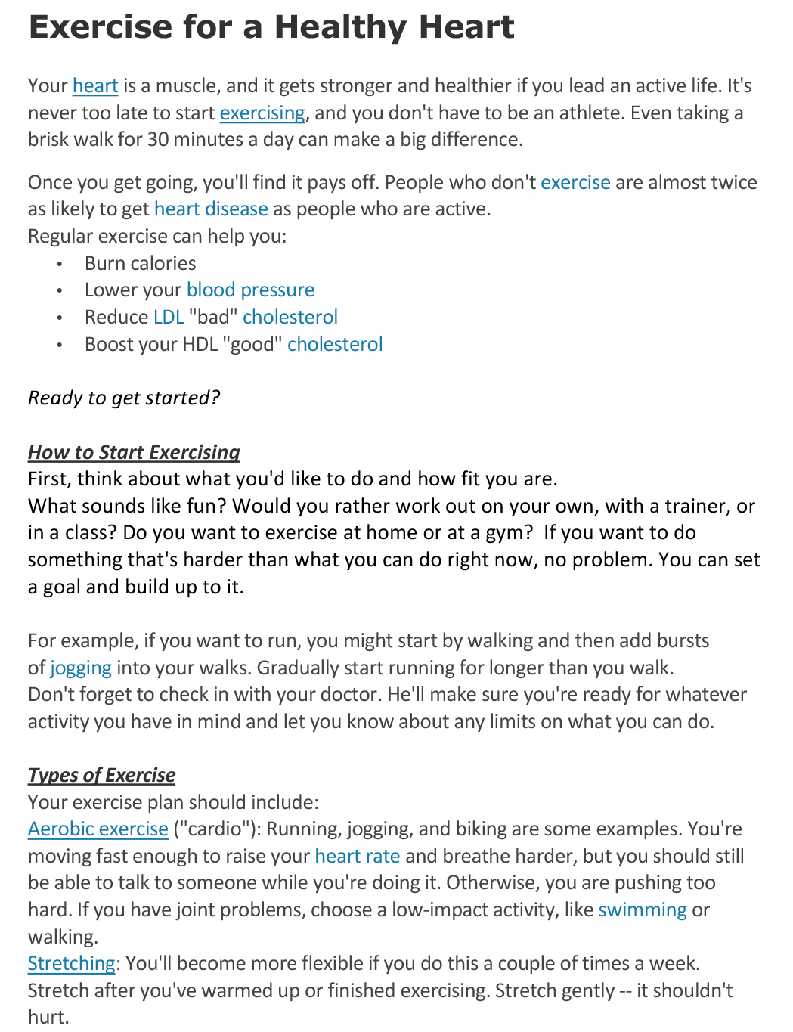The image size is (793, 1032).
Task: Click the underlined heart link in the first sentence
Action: pyautogui.click(x=95, y=86)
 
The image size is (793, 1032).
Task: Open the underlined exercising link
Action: pyautogui.click(x=262, y=113)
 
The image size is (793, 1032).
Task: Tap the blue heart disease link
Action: pyautogui.click(x=211, y=209)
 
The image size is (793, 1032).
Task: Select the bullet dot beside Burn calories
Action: pyautogui.click(x=60, y=265)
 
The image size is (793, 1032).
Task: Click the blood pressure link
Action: pyautogui.click(x=250, y=290)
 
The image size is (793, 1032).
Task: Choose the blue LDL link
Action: pyautogui.click(x=169, y=318)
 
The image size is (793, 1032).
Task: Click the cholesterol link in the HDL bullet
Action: pyautogui.click(x=335, y=345)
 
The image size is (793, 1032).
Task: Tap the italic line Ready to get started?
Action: pyautogui.click(x=124, y=398)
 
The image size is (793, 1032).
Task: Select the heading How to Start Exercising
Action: pyautogui.click(x=134, y=452)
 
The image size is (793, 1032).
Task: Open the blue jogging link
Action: pyautogui.click(x=81, y=668)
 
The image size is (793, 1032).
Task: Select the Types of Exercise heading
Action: pyautogui.click(x=101, y=776)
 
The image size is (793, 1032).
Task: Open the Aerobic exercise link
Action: pyautogui.click(x=98, y=829)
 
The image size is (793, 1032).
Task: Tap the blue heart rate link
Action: pyautogui.click(x=357, y=857)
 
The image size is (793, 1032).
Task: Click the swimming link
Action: pyautogui.click(x=643, y=910)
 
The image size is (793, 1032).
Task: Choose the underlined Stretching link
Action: pyautogui.click(x=71, y=964)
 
